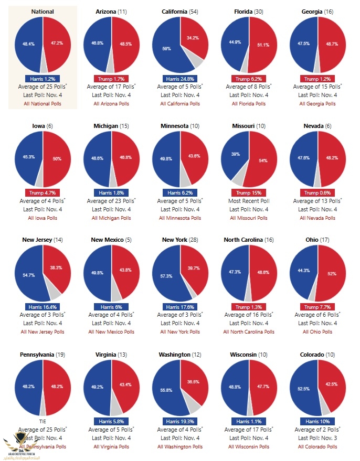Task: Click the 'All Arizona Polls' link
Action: point(111,104)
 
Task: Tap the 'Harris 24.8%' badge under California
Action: point(180,79)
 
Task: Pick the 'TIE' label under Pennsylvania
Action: point(43,421)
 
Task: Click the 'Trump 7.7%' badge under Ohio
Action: point(317,307)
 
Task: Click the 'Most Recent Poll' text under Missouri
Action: point(249,201)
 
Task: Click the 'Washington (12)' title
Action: point(180,355)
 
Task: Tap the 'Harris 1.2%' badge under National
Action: point(43,79)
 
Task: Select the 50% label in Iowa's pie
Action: point(57,159)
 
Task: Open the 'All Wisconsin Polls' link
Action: point(249,447)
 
